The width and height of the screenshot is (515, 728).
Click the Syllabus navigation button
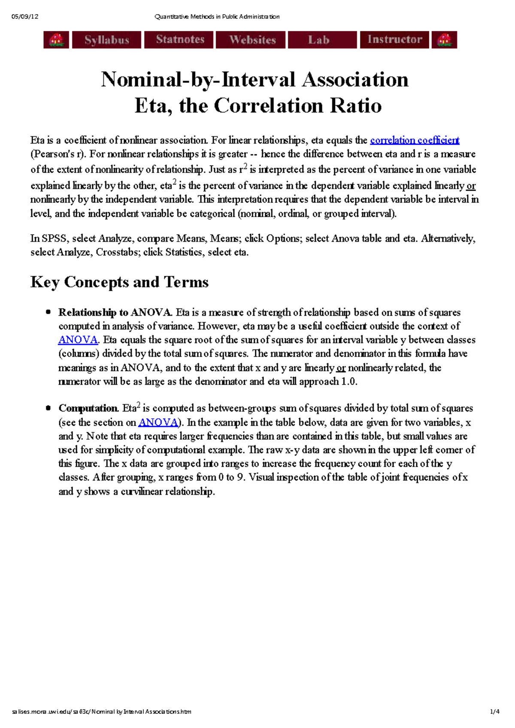point(106,40)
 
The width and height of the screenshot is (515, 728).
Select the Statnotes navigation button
point(180,40)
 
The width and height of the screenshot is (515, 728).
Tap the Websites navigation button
point(252,40)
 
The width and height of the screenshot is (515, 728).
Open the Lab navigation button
point(319,40)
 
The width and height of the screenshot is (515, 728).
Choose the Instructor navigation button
point(394,40)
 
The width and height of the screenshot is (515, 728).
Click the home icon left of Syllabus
point(56,40)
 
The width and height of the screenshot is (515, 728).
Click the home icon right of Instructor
point(444,40)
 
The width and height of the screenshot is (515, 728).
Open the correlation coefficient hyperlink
point(415,140)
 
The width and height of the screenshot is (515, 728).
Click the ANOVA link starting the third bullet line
point(78,340)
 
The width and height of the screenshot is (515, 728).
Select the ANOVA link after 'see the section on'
point(158,423)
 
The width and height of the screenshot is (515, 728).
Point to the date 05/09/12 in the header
point(25,17)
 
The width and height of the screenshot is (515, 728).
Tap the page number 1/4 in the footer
point(495,712)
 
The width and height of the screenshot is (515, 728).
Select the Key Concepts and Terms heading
point(119,282)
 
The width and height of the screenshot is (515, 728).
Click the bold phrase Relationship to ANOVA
point(116,312)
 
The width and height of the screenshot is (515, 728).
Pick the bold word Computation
point(88,408)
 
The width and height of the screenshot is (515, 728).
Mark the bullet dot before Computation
point(48,408)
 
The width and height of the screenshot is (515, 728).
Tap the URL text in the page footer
point(102,712)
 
